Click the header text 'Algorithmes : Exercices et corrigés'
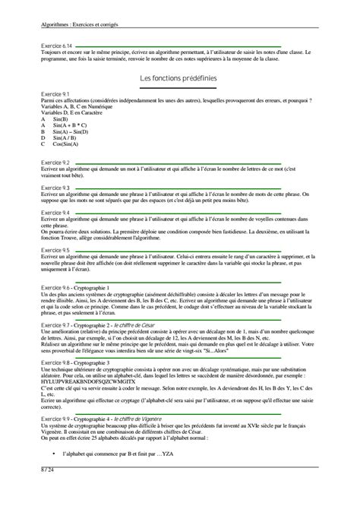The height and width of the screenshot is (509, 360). [x=84, y=24]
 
